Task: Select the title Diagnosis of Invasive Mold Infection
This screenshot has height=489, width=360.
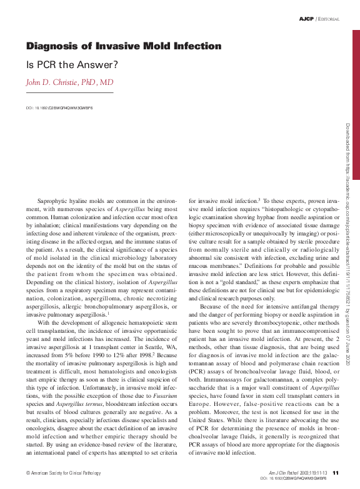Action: point(123,46)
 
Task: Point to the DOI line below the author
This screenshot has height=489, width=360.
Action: point(59,107)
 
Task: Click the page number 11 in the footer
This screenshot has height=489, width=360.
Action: point(336,472)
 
